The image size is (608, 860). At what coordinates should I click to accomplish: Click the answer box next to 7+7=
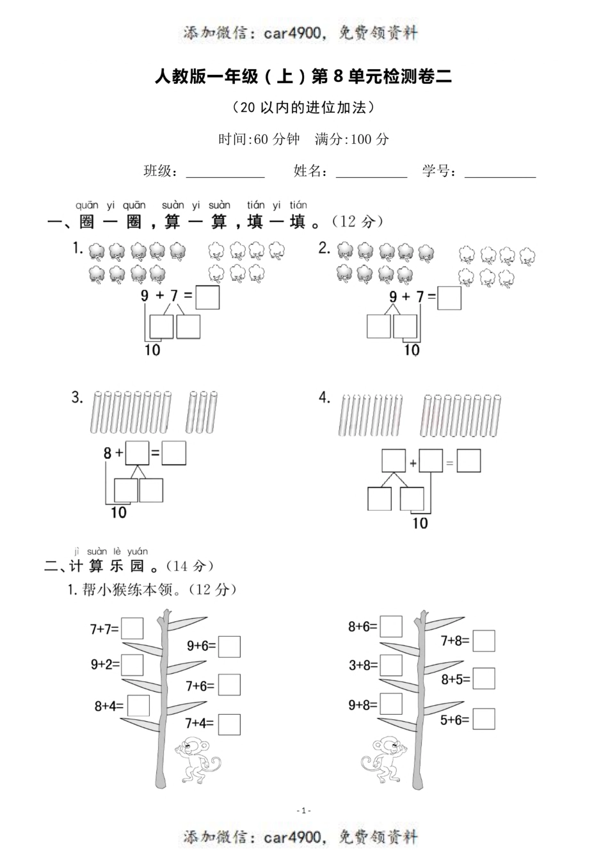pos(132,628)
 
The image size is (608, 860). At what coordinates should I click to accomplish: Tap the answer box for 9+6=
pos(229,646)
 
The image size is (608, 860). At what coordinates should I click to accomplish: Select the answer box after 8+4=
pos(138,705)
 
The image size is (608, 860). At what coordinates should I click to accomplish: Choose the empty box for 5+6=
pos(484,719)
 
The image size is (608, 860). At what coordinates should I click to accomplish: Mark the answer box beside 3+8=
pos(391,665)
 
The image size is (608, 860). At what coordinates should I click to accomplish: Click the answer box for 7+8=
pos(484,641)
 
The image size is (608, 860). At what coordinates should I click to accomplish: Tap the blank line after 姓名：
pos(371,173)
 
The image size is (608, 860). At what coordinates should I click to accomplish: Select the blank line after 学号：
pos(500,173)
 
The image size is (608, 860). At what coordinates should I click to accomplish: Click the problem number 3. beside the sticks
pos(77,397)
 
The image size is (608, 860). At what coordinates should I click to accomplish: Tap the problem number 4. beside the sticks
pos(324,397)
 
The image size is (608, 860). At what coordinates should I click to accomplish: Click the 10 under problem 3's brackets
pos(118,513)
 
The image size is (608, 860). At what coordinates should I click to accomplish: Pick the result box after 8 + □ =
pos(174,453)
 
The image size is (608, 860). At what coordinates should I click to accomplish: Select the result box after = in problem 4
pos(468,461)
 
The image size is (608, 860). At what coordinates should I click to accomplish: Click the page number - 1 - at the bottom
pos(304,811)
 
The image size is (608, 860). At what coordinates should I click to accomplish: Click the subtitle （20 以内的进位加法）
pos(303,107)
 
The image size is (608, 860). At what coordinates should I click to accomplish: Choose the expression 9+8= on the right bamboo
pos(363,705)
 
